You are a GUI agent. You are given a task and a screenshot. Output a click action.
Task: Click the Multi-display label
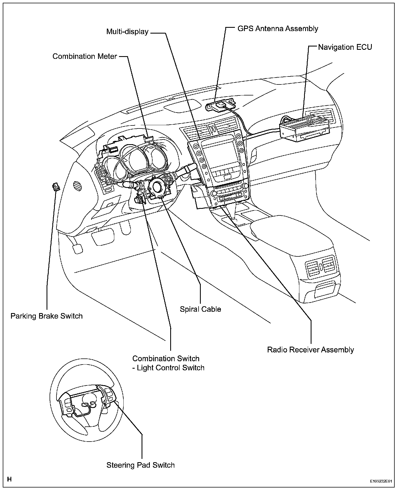127,32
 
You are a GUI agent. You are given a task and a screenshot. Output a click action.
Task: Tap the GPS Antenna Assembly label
278,28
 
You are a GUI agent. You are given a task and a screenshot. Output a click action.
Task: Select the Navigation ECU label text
345,47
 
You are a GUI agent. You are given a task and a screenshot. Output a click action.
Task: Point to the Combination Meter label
85,56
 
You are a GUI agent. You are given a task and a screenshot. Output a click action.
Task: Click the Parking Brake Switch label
47,316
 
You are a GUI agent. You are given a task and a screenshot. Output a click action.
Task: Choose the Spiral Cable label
200,309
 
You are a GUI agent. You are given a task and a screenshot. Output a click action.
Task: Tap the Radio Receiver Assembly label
310,350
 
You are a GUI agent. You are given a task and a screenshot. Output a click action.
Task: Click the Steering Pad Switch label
140,465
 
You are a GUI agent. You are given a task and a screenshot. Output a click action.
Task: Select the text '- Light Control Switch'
168,368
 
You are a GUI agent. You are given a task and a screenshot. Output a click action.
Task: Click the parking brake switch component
56,187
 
